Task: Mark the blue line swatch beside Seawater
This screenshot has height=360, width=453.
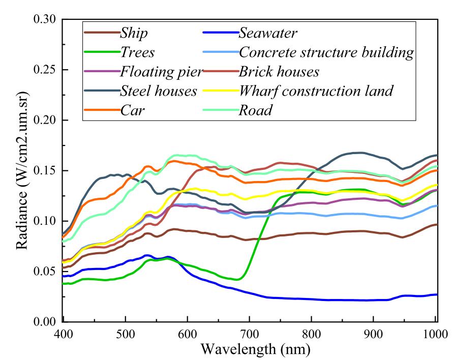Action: pos(217,34)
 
